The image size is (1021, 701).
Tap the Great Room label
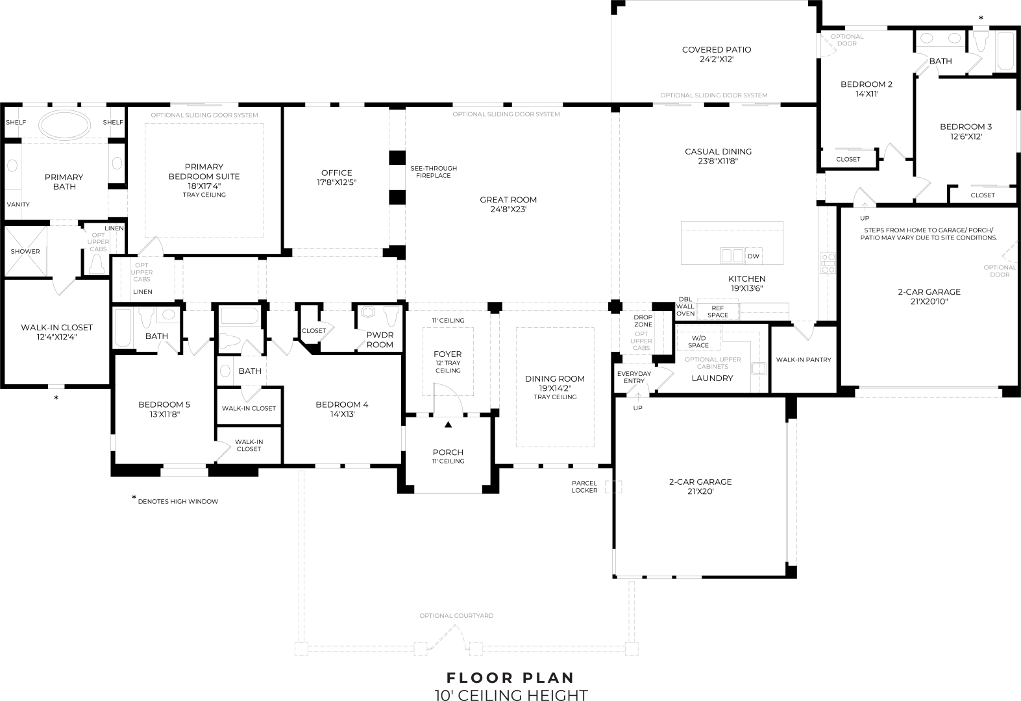[x=508, y=200]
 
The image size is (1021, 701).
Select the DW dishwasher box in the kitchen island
[x=754, y=256]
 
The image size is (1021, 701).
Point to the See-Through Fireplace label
[x=434, y=172]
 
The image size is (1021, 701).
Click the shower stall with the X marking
[x=25, y=251]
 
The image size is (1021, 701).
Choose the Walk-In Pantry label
[x=804, y=360]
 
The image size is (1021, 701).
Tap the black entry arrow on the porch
[x=448, y=424]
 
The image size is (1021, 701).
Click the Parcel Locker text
[x=584, y=487]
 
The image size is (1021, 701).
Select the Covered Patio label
[x=717, y=50]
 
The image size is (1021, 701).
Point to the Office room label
[x=336, y=173]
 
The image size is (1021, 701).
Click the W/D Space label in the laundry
[x=698, y=342]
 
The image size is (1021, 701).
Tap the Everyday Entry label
[x=634, y=377]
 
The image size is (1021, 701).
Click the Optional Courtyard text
[x=456, y=616]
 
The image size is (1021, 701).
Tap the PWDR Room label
[x=380, y=339]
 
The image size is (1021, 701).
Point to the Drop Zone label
[x=643, y=321]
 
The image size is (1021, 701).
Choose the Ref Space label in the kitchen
[x=717, y=312]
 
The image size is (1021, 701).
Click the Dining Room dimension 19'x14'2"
[x=555, y=388]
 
